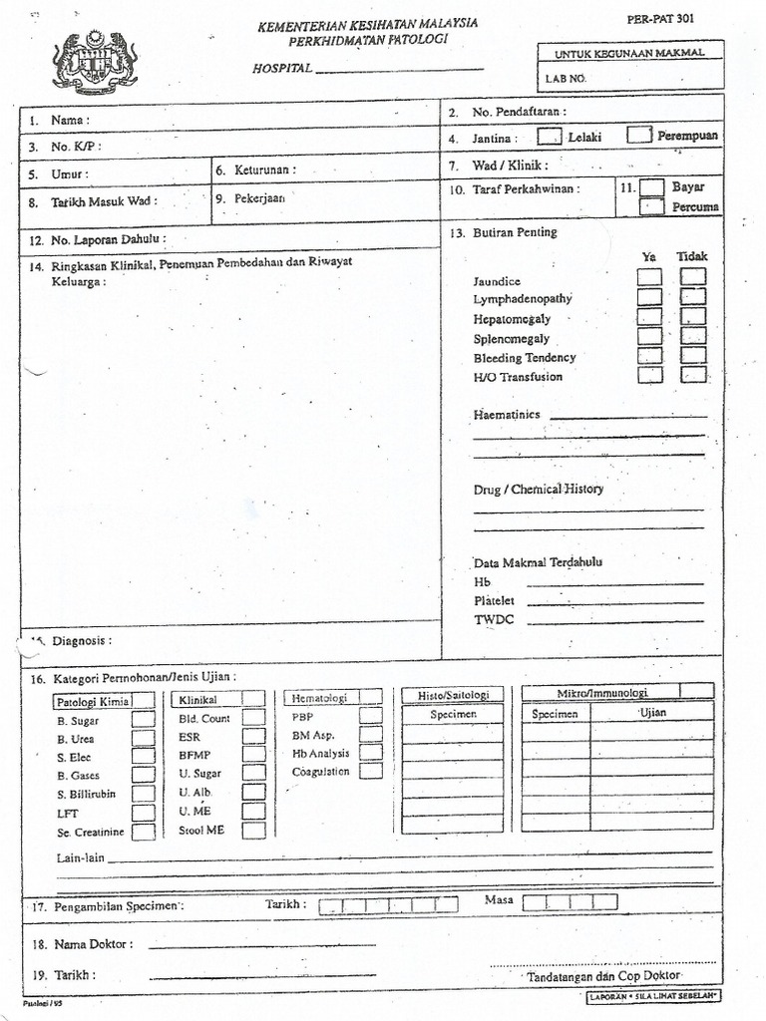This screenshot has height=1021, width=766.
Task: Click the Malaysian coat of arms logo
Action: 95,62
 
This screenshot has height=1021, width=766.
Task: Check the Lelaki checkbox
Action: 549,136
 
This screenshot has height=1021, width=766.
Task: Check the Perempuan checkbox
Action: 639,135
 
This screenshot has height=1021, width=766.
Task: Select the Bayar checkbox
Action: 651,186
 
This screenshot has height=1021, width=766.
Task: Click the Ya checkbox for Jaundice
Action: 649,277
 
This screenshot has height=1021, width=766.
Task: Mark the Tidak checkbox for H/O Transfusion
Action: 694,374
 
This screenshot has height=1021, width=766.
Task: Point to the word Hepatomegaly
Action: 512,319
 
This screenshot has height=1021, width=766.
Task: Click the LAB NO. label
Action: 567,77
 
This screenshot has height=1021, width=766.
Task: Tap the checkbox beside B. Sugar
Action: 144,719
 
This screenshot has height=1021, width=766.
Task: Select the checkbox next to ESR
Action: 253,737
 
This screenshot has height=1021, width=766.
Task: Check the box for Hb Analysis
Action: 371,753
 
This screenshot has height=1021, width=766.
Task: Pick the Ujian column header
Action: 652,714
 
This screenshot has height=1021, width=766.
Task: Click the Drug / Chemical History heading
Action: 538,490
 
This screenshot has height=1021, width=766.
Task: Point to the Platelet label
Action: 494,600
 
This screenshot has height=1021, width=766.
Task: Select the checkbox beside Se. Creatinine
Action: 144,831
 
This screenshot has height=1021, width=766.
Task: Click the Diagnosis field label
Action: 81,640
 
